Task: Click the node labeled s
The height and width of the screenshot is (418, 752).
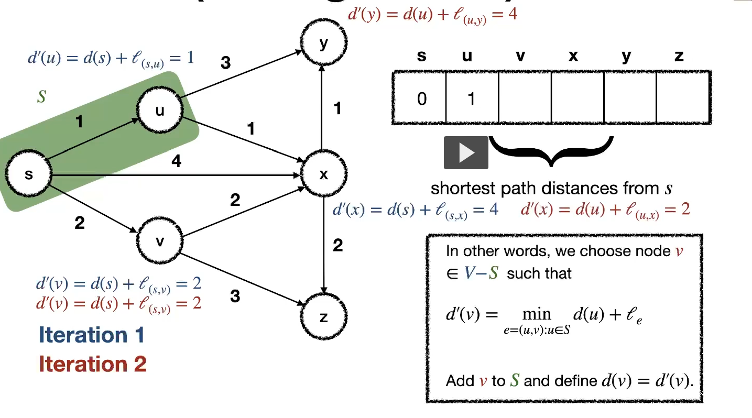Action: tap(28, 174)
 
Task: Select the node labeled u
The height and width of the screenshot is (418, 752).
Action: tap(160, 110)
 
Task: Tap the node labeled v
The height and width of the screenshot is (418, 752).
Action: tap(160, 240)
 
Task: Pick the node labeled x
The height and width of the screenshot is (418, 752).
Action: tap(323, 174)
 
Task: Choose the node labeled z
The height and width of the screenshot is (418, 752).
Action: tap(323, 317)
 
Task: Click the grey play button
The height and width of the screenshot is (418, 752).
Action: tap(466, 152)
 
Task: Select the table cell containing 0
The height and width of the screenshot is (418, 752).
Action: tap(421, 98)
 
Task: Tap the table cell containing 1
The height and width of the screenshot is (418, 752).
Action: tap(471, 98)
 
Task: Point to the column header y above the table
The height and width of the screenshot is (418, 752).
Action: tap(626, 56)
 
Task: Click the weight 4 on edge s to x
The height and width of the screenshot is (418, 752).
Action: tap(177, 162)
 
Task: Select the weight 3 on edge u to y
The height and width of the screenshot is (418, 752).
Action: tap(225, 63)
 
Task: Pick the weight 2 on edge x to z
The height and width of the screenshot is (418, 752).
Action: tap(337, 245)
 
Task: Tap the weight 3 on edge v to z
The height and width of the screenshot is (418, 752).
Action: tap(235, 296)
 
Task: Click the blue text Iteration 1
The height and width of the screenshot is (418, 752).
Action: tap(91, 335)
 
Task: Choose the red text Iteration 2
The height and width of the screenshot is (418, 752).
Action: tap(92, 364)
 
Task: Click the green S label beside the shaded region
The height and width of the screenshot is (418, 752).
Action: tap(41, 96)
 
